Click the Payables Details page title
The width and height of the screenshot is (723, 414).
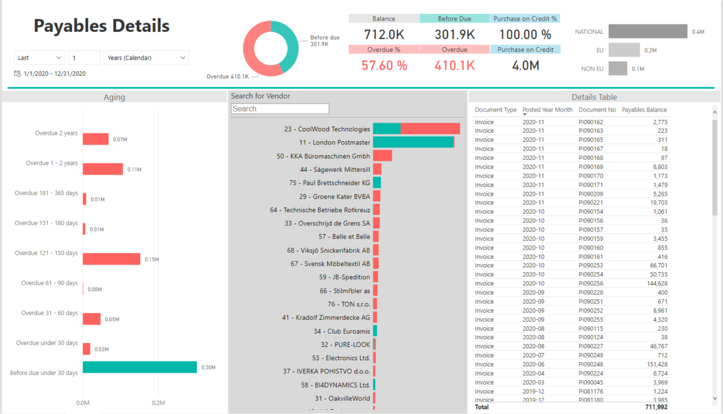(x=101, y=26)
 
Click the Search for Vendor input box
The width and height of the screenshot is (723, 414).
(x=279, y=109)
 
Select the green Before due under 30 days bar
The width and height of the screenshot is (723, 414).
(x=139, y=367)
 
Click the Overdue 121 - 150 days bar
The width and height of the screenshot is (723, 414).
(x=111, y=259)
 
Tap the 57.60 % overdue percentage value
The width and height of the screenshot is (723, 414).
(x=384, y=66)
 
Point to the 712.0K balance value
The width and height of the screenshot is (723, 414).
(x=384, y=34)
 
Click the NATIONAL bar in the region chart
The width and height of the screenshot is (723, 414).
(x=648, y=31)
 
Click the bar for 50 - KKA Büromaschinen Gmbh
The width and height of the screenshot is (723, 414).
(x=382, y=156)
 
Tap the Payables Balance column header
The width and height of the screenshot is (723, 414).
(x=644, y=110)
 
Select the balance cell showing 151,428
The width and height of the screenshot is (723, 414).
(x=656, y=364)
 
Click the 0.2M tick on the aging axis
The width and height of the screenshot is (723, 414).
(x=159, y=402)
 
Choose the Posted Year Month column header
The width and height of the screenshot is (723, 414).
(x=547, y=110)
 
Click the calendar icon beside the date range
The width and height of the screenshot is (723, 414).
(x=18, y=73)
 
